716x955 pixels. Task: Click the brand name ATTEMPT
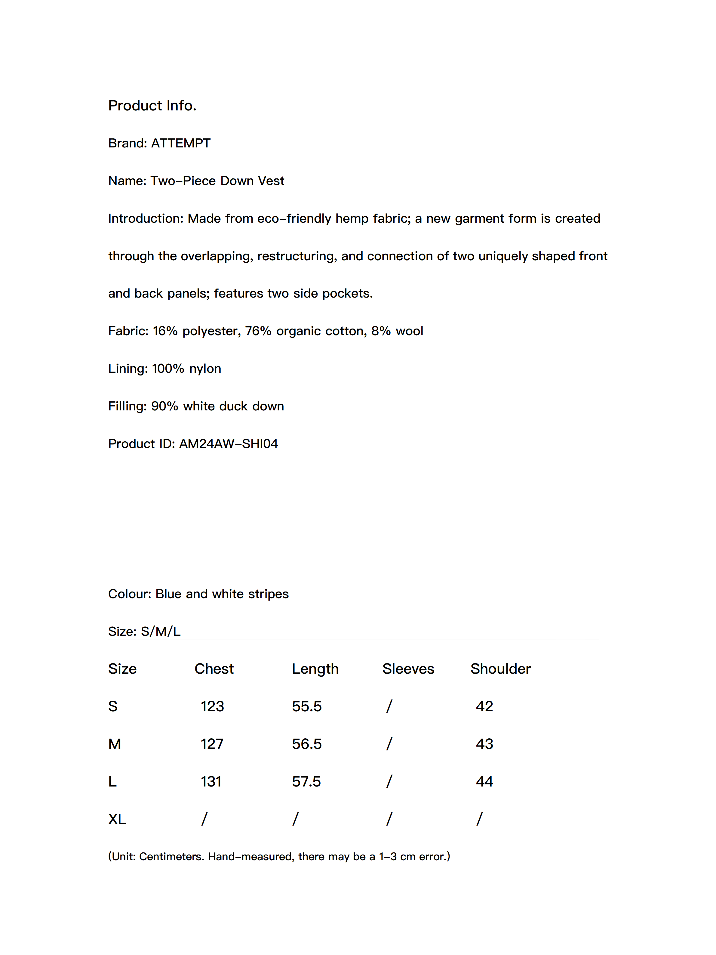pos(180,143)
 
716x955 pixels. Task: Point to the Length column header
pos(315,669)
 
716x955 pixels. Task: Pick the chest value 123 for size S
pos(212,706)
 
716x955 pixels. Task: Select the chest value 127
pos(212,744)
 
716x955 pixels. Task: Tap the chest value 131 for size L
pos(211,781)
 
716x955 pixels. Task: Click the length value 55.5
pos(306,706)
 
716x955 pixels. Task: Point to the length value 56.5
pos(306,744)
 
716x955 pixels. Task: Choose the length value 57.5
pos(306,781)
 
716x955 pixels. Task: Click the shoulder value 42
pos(484,706)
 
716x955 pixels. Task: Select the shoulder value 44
pos(484,781)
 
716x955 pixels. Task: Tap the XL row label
pos(117,819)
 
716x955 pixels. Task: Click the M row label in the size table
pos(114,744)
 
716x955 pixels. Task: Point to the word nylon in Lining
pos(205,369)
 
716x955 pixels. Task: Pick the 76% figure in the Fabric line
pos(258,331)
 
